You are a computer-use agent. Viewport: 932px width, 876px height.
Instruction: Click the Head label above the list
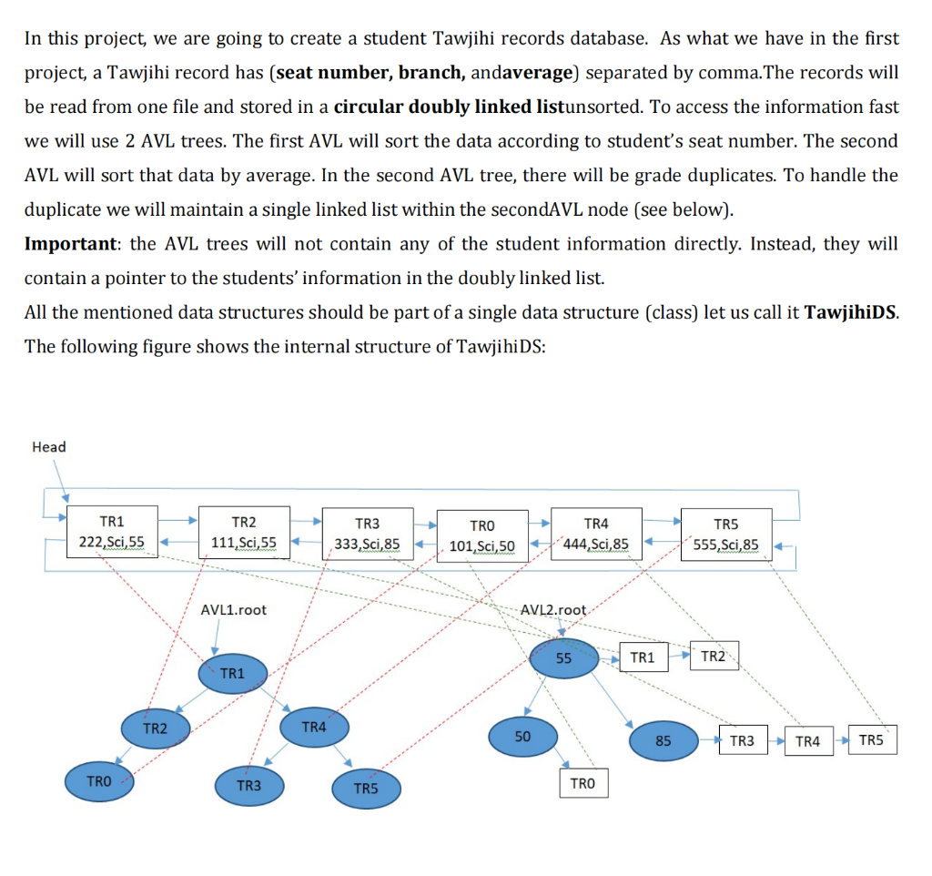(x=48, y=446)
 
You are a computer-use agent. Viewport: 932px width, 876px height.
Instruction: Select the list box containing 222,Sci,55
(x=112, y=533)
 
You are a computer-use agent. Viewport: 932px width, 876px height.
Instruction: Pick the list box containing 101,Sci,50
(x=482, y=536)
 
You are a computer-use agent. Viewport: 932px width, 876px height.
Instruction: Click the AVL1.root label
(x=234, y=609)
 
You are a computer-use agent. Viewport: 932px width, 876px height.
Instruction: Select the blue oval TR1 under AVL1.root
(x=233, y=673)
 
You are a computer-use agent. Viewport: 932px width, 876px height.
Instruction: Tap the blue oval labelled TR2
(x=156, y=728)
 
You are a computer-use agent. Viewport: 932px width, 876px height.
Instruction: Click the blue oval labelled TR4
(x=313, y=728)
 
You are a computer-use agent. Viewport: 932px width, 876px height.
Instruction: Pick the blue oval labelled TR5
(x=365, y=788)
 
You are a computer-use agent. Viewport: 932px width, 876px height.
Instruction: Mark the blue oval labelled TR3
(x=248, y=785)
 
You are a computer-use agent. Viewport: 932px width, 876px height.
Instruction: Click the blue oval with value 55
(x=563, y=658)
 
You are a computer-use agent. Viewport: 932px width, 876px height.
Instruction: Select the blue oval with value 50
(x=522, y=736)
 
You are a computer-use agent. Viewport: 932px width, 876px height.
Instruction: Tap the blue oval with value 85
(x=663, y=740)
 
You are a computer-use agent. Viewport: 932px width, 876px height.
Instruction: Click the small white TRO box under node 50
(x=582, y=783)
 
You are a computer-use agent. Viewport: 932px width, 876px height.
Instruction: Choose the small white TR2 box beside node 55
(x=714, y=657)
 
